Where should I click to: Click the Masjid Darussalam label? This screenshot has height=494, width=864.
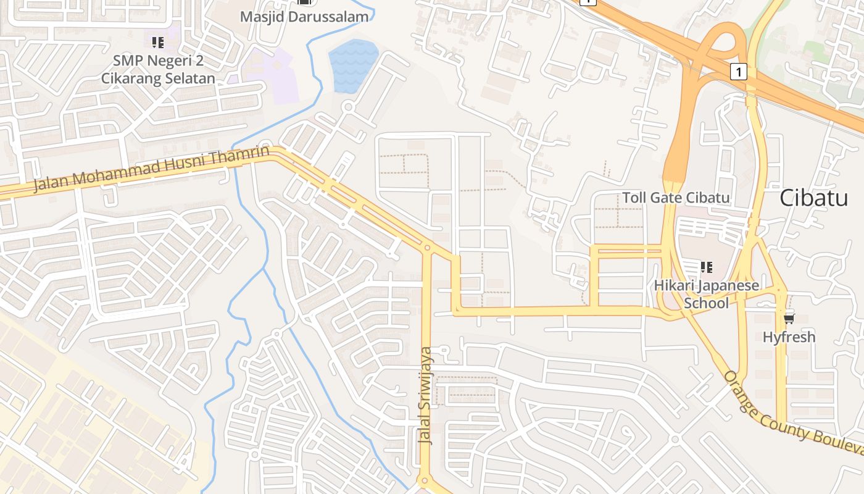point(304,17)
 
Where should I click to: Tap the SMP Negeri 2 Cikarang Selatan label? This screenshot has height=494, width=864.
point(158,70)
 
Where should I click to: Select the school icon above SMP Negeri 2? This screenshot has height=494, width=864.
point(157,42)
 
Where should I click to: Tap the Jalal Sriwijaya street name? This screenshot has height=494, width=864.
point(426,395)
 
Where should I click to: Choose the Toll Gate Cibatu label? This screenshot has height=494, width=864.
point(676,198)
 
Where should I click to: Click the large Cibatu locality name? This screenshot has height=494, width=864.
point(813,198)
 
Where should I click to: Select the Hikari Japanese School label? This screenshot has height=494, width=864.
point(707,295)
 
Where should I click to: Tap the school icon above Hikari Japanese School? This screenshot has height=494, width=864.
point(707,267)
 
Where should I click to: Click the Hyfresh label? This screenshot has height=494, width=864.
point(789,337)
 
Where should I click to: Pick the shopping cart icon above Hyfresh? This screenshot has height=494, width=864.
point(789,319)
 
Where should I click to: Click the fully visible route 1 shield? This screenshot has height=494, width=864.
point(738,72)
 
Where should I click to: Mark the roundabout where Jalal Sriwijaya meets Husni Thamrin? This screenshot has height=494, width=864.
point(427,248)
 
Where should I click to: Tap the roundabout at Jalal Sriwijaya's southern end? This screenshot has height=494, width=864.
point(424,480)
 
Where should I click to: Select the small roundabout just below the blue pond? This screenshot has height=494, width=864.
point(347,107)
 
